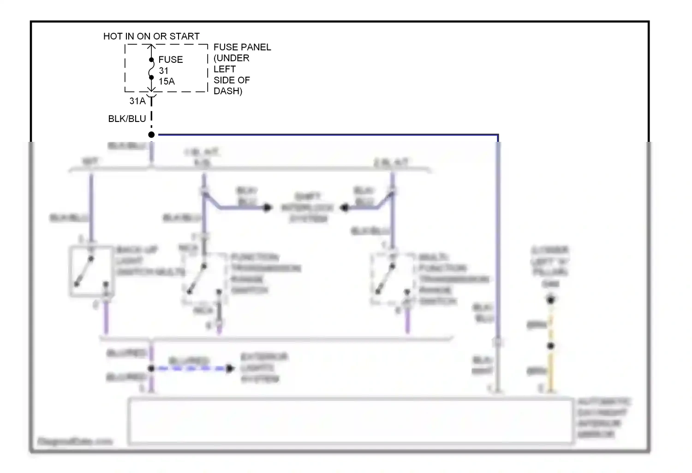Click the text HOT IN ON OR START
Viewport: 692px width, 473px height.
(151, 36)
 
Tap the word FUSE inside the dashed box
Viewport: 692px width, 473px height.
(170, 60)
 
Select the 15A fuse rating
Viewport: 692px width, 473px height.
(167, 81)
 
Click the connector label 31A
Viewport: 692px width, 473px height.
(137, 101)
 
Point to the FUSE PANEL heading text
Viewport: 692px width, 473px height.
(242, 47)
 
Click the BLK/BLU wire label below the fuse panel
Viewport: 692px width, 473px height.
(127, 119)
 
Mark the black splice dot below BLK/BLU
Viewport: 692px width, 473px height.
(151, 134)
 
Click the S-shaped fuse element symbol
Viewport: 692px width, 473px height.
(151, 69)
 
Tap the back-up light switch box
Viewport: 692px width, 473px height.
(91, 271)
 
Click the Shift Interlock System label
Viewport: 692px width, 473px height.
(308, 207)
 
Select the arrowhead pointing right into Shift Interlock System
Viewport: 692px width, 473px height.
(268, 207)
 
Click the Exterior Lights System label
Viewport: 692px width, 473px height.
(263, 368)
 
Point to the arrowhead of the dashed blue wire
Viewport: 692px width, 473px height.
(230, 368)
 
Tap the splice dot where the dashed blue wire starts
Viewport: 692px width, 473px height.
(151, 368)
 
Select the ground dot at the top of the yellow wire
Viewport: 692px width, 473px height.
(550, 300)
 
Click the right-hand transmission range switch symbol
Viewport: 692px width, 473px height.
(392, 279)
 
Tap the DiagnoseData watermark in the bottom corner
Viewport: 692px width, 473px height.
(75, 442)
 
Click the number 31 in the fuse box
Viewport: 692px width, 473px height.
(164, 71)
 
